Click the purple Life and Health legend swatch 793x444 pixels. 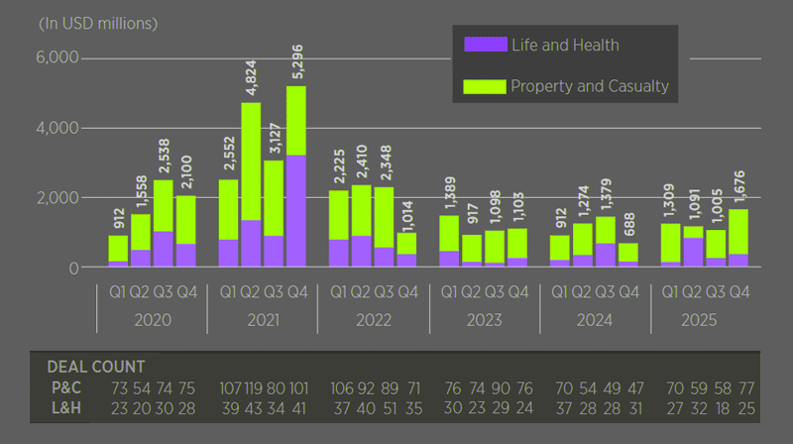point(486,45)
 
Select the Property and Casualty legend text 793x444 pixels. point(590,86)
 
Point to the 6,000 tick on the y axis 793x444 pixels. point(57,57)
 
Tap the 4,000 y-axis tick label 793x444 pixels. point(57,128)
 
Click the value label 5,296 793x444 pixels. point(297,61)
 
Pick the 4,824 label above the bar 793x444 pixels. point(252,77)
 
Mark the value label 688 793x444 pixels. point(628,224)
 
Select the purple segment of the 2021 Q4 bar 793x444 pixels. point(296,211)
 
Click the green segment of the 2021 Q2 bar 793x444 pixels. point(251,162)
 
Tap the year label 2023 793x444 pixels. point(484,320)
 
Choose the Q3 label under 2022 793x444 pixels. point(384,292)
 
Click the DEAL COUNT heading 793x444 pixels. point(96,367)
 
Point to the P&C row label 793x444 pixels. point(66,388)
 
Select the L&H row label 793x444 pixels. point(66,408)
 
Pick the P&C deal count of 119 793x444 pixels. point(254,388)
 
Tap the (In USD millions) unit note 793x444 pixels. point(98,24)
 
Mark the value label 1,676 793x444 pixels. point(739,187)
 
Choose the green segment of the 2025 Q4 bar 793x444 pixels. point(738,232)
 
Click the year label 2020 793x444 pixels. point(153,320)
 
